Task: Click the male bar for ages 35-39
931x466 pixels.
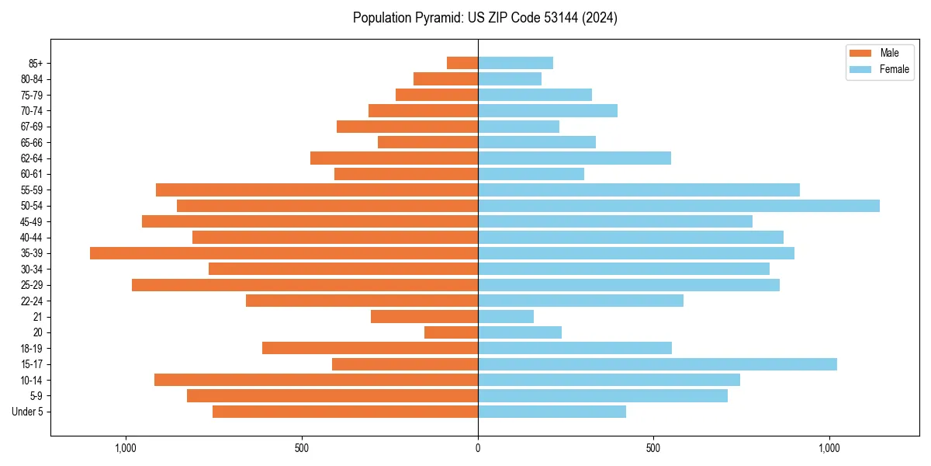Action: (x=284, y=253)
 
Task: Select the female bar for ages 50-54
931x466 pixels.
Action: (x=679, y=206)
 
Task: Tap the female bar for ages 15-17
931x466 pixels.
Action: (x=657, y=364)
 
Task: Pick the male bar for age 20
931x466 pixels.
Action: (x=452, y=332)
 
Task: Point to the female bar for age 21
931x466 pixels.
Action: (x=506, y=317)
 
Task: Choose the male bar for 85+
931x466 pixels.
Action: (x=462, y=63)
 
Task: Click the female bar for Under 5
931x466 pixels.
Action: (x=552, y=412)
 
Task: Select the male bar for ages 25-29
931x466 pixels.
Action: (x=305, y=285)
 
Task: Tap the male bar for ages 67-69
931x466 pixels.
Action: (x=407, y=127)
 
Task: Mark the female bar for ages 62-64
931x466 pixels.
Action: (x=574, y=158)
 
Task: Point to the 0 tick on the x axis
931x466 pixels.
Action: (x=478, y=448)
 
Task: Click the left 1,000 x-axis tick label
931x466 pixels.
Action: (x=126, y=448)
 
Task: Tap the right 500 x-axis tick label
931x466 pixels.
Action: (x=653, y=448)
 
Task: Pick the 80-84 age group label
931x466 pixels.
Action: (x=32, y=79)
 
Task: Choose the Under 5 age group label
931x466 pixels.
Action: (x=28, y=412)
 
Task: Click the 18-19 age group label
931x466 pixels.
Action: (x=32, y=349)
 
